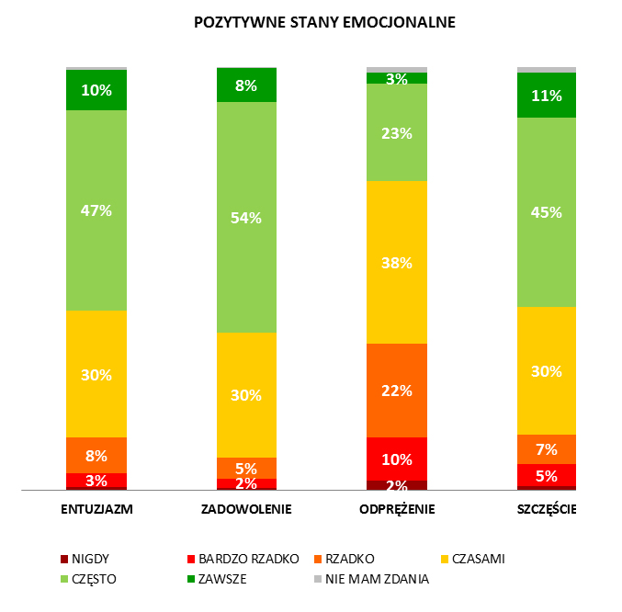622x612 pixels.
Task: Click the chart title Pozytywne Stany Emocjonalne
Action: [x=324, y=21]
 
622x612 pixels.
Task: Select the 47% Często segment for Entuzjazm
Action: [x=96, y=210]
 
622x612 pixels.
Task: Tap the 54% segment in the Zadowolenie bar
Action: [x=246, y=217]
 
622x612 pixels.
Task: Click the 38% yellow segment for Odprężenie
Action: [x=397, y=262]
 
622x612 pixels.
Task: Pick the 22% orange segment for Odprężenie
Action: [x=397, y=390]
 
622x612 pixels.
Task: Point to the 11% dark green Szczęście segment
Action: [x=547, y=95]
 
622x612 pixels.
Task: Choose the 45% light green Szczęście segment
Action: [x=547, y=212]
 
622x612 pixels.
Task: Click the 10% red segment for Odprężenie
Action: [x=397, y=459]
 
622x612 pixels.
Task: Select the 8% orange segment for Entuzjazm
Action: [x=96, y=455]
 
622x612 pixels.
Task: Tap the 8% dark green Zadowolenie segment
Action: [x=246, y=85]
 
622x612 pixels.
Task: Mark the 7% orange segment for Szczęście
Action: [x=547, y=449]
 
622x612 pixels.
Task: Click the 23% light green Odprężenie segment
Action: [x=397, y=132]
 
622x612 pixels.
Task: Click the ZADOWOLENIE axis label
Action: [x=246, y=509]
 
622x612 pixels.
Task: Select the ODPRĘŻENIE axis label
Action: [x=397, y=509]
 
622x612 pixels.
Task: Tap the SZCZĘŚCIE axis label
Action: [x=547, y=509]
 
